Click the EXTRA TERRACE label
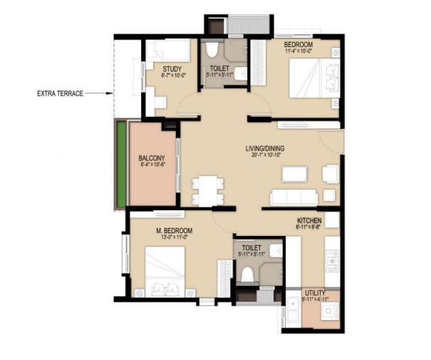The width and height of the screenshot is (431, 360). (62, 93)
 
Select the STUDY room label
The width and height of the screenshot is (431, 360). (162, 68)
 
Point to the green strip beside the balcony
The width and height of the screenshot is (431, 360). (122, 165)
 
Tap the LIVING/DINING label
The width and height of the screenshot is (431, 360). (264, 148)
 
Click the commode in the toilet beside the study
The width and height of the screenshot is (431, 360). (212, 51)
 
